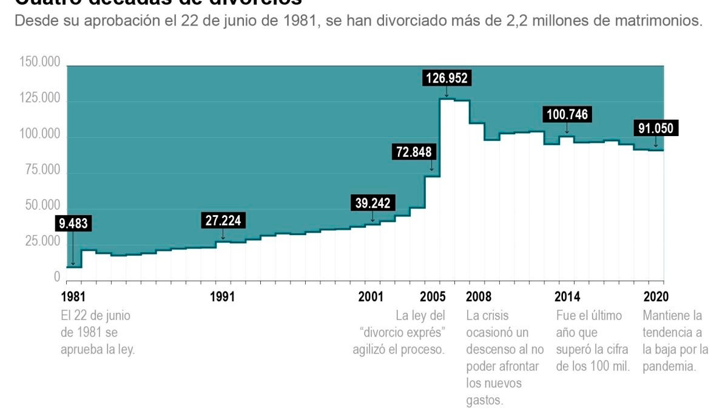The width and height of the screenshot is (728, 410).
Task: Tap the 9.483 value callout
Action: [x=73, y=224]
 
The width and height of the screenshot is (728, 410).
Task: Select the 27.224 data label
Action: [x=223, y=220]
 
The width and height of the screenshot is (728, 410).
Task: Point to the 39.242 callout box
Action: [x=372, y=203]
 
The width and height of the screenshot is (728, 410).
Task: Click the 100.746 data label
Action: [x=568, y=114]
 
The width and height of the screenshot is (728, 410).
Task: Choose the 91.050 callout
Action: [x=656, y=128]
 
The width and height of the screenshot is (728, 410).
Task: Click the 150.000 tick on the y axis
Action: [x=40, y=62]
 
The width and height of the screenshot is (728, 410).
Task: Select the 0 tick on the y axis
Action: [x=57, y=277]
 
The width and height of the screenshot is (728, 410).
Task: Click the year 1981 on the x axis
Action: [x=73, y=297]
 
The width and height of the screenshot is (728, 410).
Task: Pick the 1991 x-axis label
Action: [x=222, y=297]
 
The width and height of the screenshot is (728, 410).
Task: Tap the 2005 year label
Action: [x=433, y=297]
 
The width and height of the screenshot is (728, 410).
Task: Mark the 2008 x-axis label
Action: [x=479, y=297]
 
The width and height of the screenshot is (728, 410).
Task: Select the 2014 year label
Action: [x=567, y=297]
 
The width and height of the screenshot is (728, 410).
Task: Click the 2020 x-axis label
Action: [x=656, y=297]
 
